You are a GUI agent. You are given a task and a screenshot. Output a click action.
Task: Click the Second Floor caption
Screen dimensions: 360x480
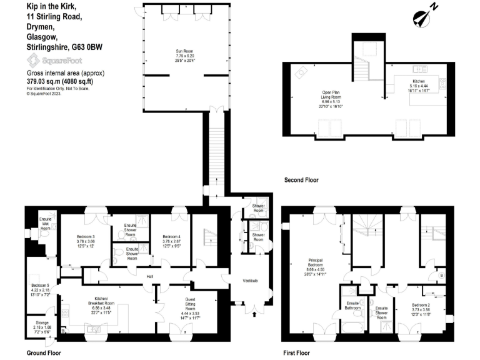pos(301,180)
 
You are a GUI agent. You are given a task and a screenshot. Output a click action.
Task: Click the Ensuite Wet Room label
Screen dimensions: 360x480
pos(45,224)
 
